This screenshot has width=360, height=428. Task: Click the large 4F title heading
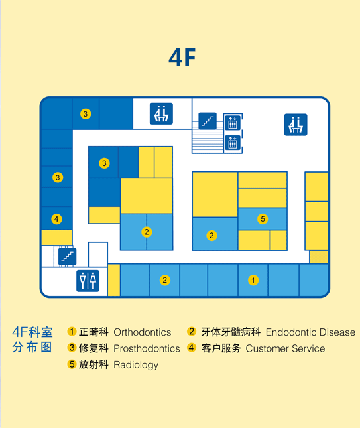182,58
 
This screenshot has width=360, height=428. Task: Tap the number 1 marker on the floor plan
253,280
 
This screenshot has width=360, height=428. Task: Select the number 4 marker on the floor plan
56,219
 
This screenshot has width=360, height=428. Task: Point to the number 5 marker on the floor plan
263,219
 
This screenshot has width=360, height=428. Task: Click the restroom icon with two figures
88,281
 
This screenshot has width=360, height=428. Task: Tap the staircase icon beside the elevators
208,121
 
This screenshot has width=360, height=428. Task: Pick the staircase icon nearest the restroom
68,257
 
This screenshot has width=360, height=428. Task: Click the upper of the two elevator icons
233,123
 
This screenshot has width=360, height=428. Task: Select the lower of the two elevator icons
233,143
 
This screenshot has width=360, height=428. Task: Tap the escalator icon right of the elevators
296,125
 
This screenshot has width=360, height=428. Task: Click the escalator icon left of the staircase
161,113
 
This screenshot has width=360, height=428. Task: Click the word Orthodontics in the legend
143,332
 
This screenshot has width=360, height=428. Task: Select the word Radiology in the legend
136,365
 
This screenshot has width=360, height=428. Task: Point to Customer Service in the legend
285,348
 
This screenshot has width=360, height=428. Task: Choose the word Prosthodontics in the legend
147,348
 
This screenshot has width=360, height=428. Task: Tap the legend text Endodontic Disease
311,332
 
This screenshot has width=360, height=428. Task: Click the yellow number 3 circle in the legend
72,348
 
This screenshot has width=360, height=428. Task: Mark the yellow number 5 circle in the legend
72,364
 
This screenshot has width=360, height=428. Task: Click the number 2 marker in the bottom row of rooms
164,280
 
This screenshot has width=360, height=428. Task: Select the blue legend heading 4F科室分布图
32,340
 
